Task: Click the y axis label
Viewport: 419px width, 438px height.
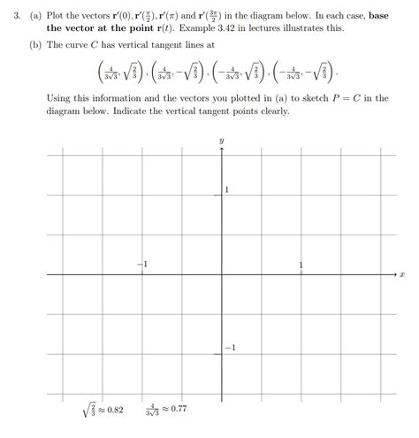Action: coord(221,141)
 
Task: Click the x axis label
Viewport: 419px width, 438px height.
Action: coord(402,275)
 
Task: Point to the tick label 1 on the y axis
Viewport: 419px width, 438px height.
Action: coord(227,191)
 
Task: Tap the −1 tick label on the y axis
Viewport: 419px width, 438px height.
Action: coord(229,347)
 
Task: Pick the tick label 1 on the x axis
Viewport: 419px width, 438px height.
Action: coord(301,265)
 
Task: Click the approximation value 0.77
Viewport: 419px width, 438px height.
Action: coord(179,410)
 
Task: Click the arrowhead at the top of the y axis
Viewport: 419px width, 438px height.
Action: coord(221,151)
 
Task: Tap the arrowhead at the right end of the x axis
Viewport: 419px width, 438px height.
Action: coord(395,275)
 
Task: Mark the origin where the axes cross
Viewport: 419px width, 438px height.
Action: coord(221,275)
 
